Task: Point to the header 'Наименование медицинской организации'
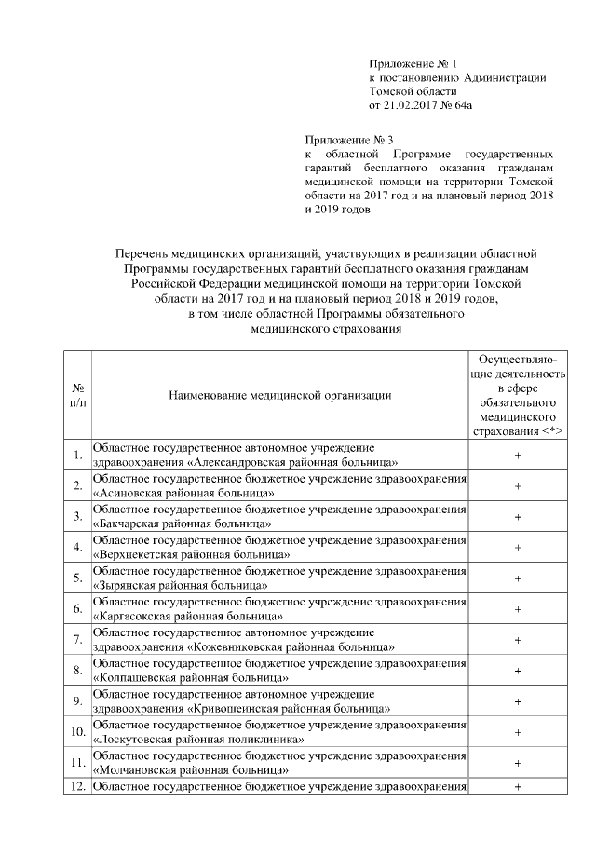[279, 394]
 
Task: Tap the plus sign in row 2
[517, 485]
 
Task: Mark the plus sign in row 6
[517, 608]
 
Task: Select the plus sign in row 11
[517, 762]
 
